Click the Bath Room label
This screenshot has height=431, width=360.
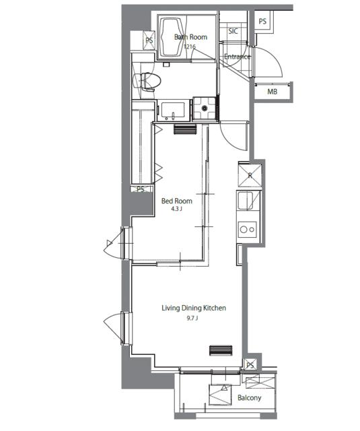190,37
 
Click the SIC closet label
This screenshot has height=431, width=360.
233,31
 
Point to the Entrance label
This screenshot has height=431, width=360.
238,57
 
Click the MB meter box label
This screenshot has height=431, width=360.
272,92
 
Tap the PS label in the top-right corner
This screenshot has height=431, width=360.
262,21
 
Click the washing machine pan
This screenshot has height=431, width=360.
204,108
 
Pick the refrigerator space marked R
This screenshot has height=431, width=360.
250,175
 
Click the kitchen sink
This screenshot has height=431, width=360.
245,201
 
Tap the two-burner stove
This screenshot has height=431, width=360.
248,229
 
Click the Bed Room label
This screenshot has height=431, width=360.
176,201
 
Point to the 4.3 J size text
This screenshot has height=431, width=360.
176,209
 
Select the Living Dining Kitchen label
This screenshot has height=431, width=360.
194,308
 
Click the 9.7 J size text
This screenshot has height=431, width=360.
192,319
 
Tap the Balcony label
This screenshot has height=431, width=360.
250,398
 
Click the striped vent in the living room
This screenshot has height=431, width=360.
221,350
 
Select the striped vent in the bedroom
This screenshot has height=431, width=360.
185,129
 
